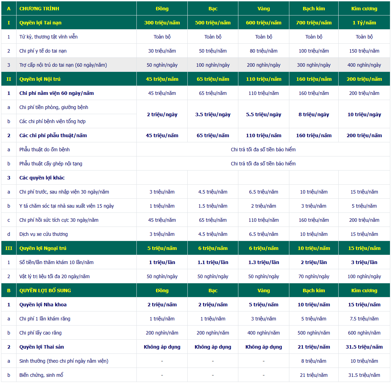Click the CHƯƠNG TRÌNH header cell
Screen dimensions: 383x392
(x=39, y=9)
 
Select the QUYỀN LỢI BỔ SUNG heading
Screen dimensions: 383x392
(x=45, y=291)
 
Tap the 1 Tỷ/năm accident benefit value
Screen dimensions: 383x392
(x=364, y=23)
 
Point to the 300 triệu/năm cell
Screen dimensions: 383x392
(x=162, y=23)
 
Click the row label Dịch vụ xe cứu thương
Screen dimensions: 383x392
(x=43, y=234)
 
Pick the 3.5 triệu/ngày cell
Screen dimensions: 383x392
(x=213, y=114)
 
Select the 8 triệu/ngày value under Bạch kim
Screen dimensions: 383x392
(x=314, y=114)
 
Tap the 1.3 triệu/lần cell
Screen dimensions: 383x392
(x=264, y=262)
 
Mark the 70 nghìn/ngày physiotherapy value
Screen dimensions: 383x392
(x=314, y=276)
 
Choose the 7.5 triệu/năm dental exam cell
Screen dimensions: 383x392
(x=364, y=319)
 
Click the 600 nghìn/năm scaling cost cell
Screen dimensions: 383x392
(x=364, y=333)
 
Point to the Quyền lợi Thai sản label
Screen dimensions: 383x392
(x=42, y=347)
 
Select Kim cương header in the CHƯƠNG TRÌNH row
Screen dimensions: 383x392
(x=364, y=9)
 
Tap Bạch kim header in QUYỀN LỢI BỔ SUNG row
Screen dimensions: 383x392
(x=314, y=291)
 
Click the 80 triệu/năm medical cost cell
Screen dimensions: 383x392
(x=264, y=51)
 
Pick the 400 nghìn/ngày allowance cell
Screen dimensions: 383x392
(x=364, y=65)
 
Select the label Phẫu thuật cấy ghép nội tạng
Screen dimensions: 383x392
(x=51, y=164)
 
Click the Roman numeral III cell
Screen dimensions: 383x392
(x=9, y=248)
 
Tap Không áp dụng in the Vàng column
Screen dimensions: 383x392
(x=264, y=347)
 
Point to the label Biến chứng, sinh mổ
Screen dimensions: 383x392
(x=41, y=375)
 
